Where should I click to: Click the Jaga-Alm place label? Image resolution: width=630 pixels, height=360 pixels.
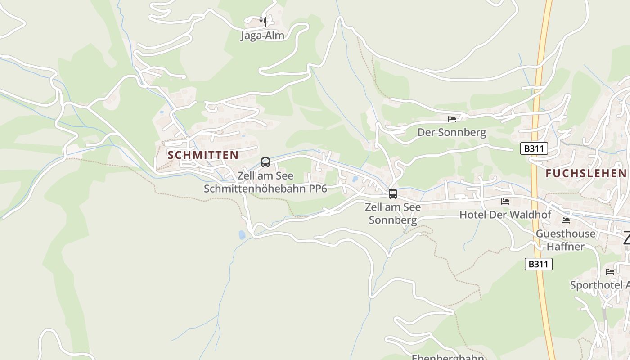point(262,36)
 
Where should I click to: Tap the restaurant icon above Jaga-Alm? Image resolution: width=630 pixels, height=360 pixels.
point(263,21)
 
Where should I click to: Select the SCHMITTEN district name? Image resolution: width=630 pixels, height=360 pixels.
point(203,155)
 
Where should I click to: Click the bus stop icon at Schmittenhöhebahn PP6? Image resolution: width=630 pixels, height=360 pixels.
point(265,162)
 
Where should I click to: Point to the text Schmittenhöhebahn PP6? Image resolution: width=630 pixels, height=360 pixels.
point(265,189)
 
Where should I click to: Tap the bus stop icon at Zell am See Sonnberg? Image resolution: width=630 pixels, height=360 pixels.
point(393,194)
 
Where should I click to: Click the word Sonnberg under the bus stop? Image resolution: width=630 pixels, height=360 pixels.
point(393,220)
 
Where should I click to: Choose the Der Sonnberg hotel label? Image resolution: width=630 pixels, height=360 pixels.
point(452,132)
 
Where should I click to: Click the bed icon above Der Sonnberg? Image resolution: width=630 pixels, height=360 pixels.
point(452,119)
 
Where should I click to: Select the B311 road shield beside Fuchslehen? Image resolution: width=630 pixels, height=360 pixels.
point(534,148)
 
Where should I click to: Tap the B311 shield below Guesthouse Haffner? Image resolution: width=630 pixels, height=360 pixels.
point(538,264)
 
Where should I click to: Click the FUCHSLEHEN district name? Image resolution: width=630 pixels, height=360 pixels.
point(586,173)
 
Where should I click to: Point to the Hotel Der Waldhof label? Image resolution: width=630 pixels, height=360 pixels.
point(505,215)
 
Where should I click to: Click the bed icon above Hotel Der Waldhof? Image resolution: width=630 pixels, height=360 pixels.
point(505,202)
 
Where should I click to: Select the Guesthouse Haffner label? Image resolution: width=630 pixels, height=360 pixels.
point(566,240)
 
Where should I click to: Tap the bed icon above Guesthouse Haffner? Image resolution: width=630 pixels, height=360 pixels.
point(566,220)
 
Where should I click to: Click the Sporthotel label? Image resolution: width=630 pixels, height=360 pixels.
point(600,285)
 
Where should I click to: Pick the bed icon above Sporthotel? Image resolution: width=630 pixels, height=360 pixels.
point(610,272)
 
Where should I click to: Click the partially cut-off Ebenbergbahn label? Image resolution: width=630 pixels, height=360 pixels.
point(448,357)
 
